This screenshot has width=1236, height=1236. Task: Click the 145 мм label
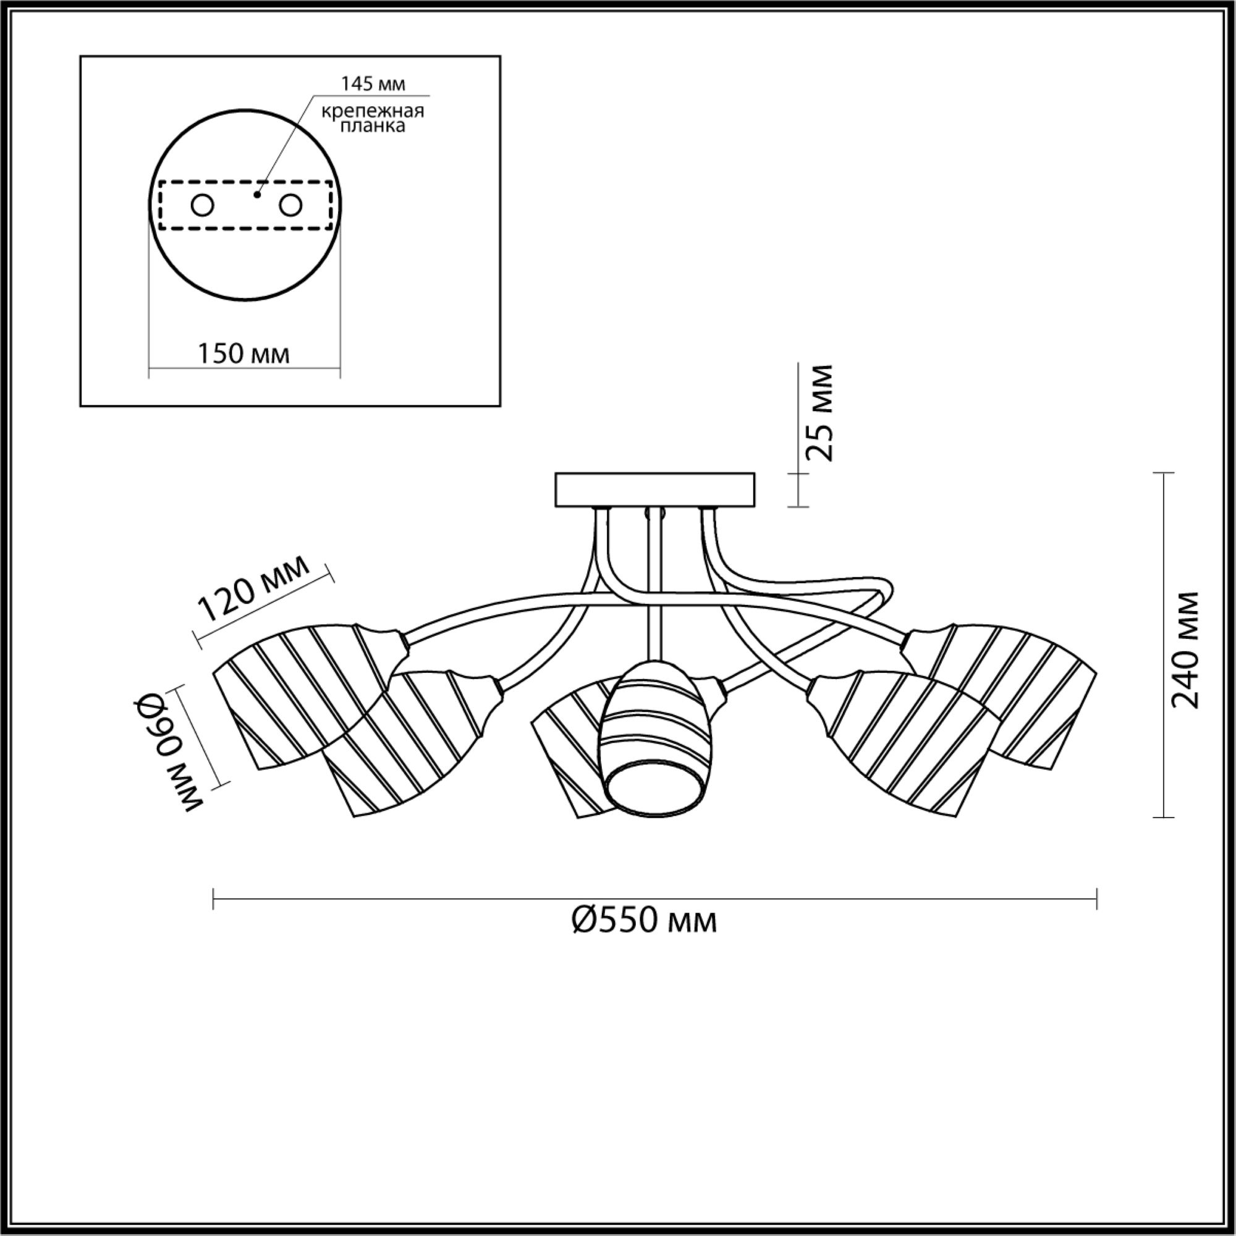[x=373, y=84]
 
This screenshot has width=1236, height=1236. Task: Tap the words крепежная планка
[x=372, y=119]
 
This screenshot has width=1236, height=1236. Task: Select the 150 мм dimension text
[x=243, y=353]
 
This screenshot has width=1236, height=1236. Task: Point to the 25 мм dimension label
[x=819, y=413]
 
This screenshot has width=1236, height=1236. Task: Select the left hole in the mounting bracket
[x=203, y=206]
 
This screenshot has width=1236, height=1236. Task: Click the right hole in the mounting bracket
[x=290, y=206]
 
